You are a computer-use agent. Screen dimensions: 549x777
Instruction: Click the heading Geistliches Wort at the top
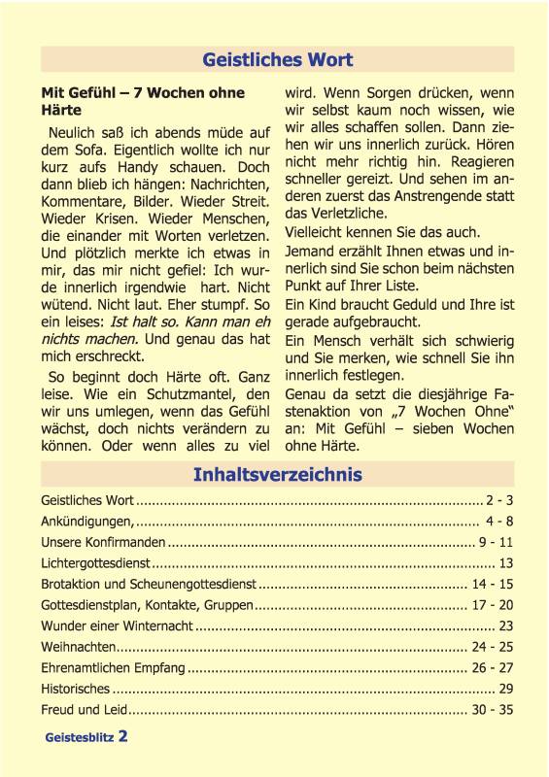(277, 60)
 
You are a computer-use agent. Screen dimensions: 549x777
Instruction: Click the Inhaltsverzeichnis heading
(277, 474)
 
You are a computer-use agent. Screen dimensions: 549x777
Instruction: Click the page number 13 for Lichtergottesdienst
(505, 562)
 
